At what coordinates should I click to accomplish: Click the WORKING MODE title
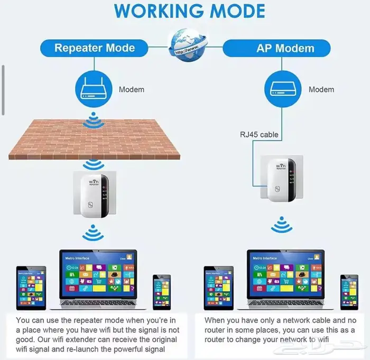[189, 12]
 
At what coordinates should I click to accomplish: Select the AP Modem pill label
[285, 48]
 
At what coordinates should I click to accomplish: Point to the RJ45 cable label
[259, 134]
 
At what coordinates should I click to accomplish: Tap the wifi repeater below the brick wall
[93, 196]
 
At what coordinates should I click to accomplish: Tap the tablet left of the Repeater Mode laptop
[31, 288]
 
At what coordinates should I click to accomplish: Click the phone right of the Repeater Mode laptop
[162, 292]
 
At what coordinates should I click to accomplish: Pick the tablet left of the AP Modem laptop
[218, 288]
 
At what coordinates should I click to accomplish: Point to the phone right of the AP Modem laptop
[349, 292]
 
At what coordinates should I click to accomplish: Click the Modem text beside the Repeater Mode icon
[131, 89]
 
